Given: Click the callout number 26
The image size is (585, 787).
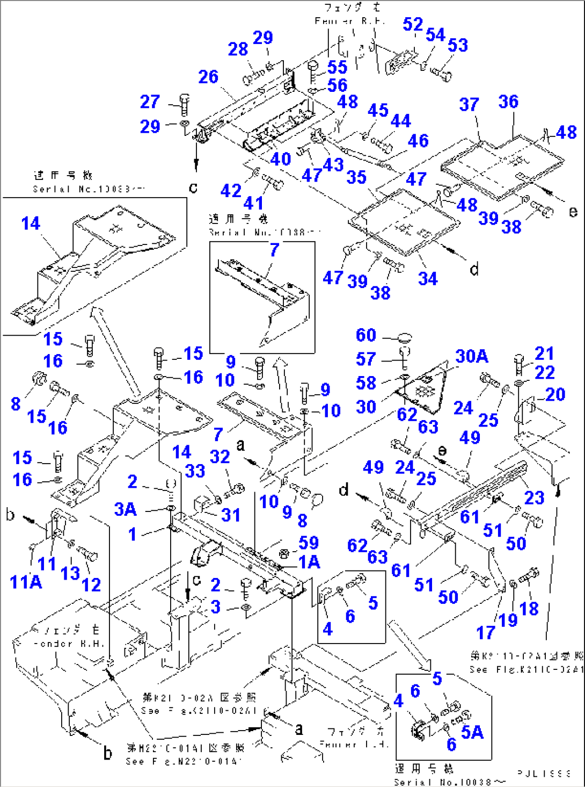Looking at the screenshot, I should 208,77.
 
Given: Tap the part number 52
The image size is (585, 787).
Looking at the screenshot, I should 413,24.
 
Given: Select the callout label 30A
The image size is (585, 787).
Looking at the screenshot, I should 472,356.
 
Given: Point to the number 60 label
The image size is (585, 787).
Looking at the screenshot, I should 366,335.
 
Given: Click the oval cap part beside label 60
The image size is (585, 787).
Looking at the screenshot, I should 406,338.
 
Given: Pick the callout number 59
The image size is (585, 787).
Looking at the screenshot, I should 309,542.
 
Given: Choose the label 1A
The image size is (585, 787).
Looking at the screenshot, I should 309,562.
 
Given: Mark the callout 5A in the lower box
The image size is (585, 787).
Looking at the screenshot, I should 472,732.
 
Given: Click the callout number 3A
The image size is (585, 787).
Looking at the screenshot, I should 125,509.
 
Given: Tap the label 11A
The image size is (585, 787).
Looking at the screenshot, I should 25,581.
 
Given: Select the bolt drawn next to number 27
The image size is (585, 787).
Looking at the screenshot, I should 184,104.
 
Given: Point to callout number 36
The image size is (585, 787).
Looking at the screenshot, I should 508,102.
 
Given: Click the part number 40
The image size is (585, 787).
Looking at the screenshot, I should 280,159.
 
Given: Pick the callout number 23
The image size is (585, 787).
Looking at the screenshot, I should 534,497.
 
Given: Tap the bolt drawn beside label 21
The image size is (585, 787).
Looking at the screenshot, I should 518,364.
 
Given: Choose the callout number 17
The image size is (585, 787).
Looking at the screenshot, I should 485,632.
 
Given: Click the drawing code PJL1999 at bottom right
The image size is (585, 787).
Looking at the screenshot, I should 544,773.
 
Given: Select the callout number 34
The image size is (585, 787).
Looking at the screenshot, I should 428,278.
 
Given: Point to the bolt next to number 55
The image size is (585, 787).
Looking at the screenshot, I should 313,70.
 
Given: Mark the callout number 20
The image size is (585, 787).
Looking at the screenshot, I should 555,394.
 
